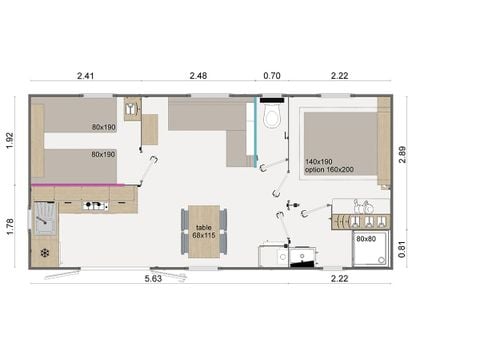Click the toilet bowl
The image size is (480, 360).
(271, 121)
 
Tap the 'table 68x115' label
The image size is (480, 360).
(204, 231)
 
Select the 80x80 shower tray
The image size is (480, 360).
(367, 249)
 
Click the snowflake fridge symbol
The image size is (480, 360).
(45, 252)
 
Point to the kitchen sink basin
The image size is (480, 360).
(45, 218)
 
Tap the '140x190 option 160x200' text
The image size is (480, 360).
(331, 166)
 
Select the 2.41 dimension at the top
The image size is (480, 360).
(85, 75)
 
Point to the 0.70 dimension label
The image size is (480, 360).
(271, 75)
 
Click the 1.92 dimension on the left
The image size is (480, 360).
(11, 141)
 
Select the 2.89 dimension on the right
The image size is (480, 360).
(402, 151)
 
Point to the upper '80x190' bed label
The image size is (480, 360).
(103, 127)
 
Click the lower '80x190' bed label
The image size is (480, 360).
(103, 155)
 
